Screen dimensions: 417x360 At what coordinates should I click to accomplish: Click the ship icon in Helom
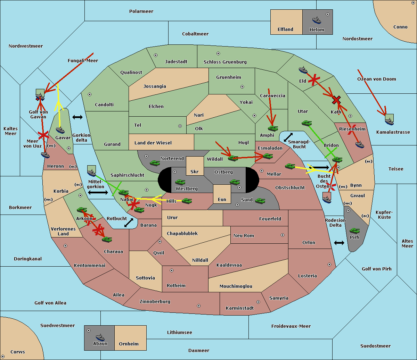tap(317, 20)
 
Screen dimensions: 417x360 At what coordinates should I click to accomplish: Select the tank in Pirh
tap(354, 231)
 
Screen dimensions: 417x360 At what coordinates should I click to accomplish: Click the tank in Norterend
tap(155, 163)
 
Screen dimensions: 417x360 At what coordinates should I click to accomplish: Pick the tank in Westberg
tap(180, 182)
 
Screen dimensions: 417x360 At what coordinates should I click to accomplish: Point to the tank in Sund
tap(260, 201)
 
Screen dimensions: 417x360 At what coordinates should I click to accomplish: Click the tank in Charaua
tap(107, 239)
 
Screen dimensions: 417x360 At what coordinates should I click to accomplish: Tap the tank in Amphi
tap(273, 128)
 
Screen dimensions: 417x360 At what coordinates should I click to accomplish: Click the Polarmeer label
tap(141, 11)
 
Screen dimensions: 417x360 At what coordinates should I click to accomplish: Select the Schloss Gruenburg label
tap(225, 62)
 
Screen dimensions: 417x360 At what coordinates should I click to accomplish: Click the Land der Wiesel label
tap(153, 143)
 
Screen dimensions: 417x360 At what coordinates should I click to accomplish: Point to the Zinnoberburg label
tap(155, 302)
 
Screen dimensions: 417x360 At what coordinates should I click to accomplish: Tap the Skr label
tap(194, 171)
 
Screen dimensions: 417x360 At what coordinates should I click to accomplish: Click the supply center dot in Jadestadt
tap(156, 55)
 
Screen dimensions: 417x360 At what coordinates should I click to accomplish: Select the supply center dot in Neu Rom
tap(283, 235)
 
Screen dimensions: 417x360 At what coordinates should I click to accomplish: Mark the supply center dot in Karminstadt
tap(258, 302)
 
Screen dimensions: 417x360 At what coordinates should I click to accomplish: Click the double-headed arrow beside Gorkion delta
tap(77, 117)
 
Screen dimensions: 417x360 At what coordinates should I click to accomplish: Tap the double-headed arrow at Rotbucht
tap(129, 223)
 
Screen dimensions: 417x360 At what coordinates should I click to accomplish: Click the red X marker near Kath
tap(336, 100)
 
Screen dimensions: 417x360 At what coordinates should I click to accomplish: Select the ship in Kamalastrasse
tap(389, 122)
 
